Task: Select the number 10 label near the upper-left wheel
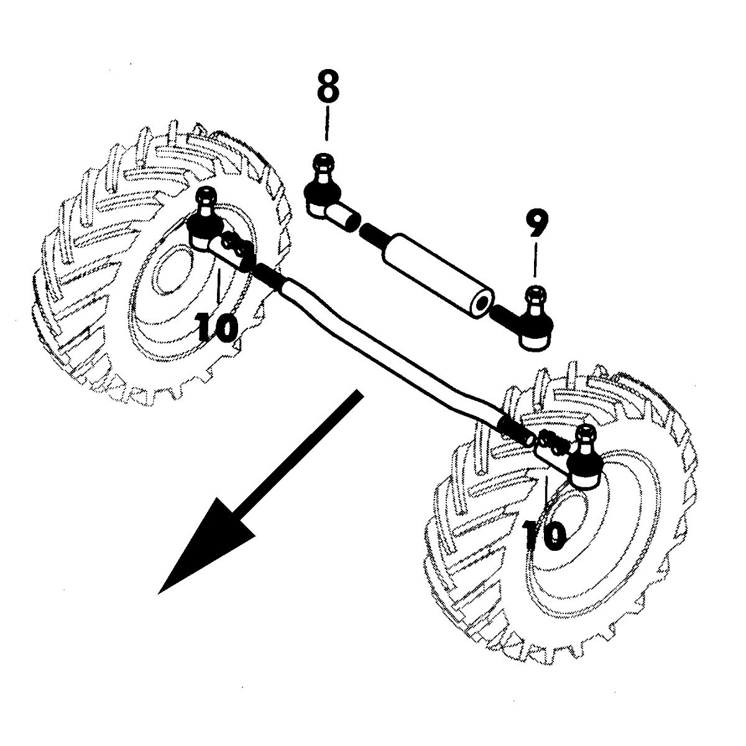coord(217,327)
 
